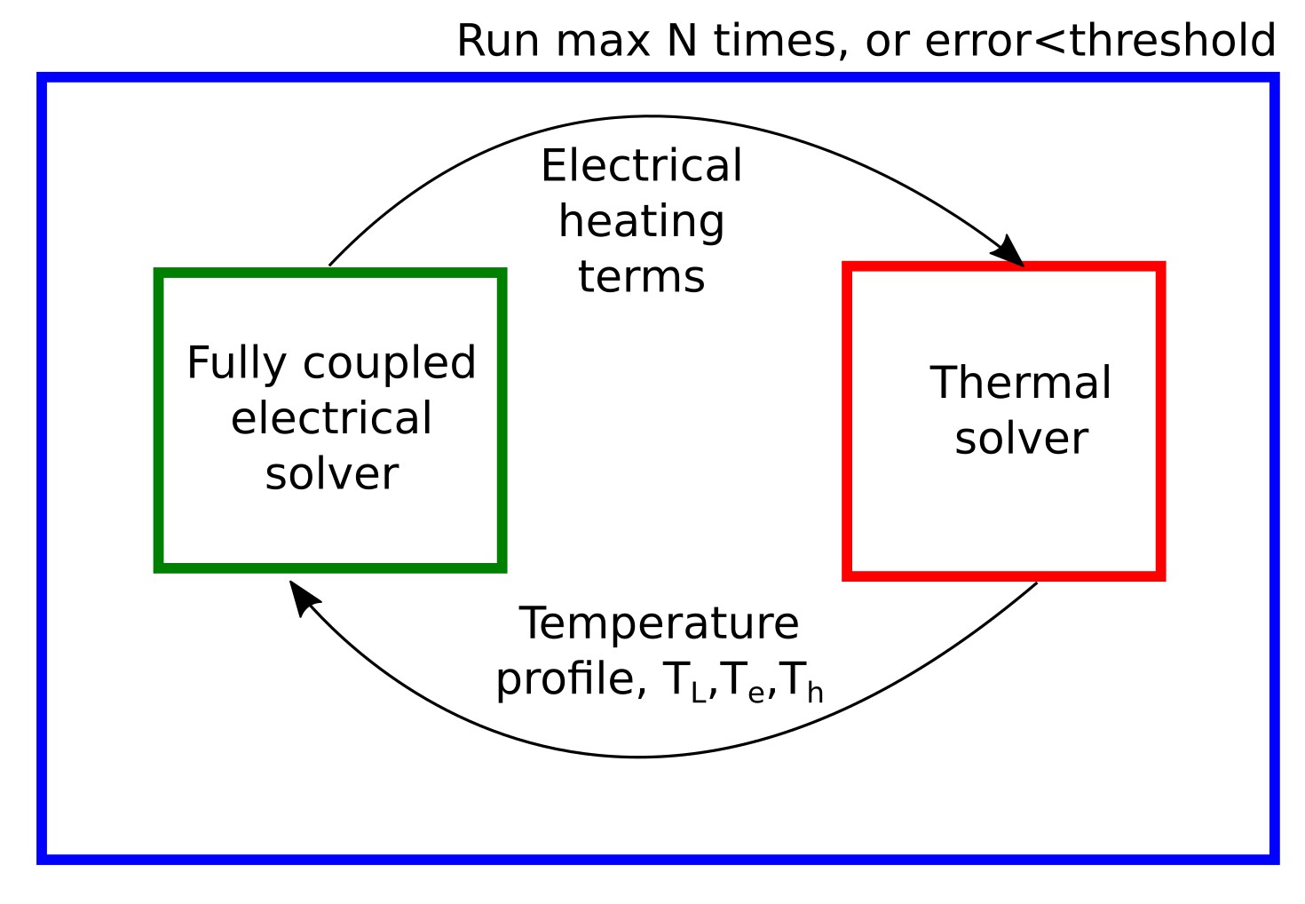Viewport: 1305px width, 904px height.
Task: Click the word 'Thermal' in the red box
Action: [x=1020, y=384]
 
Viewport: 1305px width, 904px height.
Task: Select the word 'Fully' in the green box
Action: [x=236, y=364]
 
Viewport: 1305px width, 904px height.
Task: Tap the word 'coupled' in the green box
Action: [x=389, y=364]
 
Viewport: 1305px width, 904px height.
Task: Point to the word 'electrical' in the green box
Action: [x=331, y=418]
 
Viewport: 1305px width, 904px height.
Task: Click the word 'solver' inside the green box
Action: [x=331, y=474]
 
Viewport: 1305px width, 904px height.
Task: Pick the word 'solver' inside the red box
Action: [x=1021, y=439]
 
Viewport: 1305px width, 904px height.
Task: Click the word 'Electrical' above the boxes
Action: [x=641, y=166]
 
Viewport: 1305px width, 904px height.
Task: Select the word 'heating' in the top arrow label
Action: [x=641, y=222]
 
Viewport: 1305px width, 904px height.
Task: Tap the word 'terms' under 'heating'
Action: [x=641, y=277]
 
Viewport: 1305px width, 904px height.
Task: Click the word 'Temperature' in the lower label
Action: [x=659, y=623]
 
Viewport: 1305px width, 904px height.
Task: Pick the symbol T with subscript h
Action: [x=799, y=682]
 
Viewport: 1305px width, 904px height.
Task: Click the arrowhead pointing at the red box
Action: [x=1010, y=252]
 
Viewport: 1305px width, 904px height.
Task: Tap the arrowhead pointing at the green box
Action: [x=304, y=596]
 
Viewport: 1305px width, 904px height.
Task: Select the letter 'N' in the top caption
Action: [x=681, y=41]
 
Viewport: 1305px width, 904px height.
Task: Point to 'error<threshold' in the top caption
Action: [x=1100, y=41]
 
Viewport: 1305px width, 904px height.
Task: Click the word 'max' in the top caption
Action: [x=603, y=41]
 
